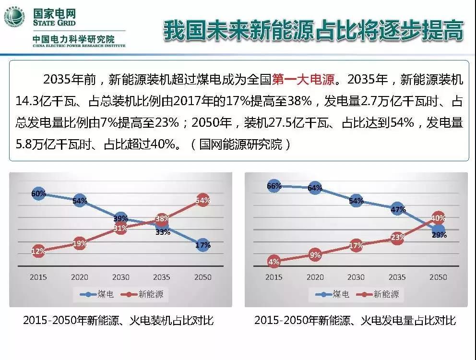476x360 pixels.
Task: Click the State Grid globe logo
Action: click(x=15, y=19)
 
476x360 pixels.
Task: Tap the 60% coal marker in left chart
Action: click(x=38, y=193)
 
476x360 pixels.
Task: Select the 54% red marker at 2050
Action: click(x=202, y=201)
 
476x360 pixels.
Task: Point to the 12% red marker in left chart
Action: click(x=38, y=251)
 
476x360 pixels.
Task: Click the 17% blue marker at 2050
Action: click(x=202, y=245)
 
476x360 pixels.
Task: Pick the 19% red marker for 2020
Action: click(x=80, y=243)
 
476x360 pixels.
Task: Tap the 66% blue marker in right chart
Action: click(x=274, y=186)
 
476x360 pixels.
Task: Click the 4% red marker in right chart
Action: click(x=274, y=262)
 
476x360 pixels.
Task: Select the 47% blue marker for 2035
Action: click(x=397, y=209)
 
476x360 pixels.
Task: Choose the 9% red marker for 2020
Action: click(x=315, y=255)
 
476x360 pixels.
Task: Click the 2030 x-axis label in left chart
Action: click(x=120, y=277)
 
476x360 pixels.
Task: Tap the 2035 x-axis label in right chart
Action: click(x=397, y=277)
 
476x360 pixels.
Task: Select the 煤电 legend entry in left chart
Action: click(x=96, y=294)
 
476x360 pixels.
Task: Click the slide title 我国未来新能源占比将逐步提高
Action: click(x=314, y=31)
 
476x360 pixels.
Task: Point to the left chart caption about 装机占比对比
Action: click(x=119, y=321)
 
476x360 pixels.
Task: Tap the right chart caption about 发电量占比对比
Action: click(x=355, y=321)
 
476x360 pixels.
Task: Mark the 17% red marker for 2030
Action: click(x=356, y=246)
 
